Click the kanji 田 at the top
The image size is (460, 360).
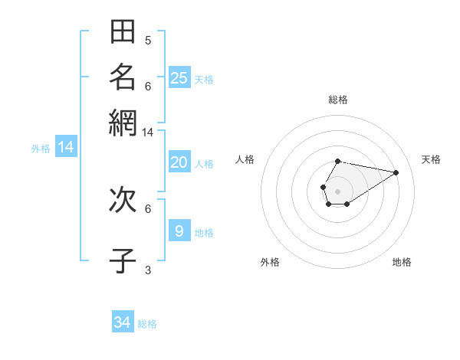[123, 32]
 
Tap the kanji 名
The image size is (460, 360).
[123, 77]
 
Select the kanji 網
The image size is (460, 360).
[123, 123]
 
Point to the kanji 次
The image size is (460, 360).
[123, 201]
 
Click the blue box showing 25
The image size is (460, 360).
[179, 77]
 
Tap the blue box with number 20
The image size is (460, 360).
[179, 162]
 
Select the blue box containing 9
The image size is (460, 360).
[179, 231]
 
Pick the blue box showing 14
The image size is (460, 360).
[66, 147]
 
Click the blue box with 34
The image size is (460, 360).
[123, 322]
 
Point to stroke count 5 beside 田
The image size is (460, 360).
[148, 40]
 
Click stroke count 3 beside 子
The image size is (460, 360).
[148, 270]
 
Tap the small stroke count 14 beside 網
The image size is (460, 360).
[147, 133]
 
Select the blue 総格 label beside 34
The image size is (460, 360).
[147, 324]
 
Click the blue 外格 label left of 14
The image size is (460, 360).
[41, 149]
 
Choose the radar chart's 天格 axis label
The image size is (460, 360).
[431, 159]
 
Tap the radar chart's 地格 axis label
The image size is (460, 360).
[402, 262]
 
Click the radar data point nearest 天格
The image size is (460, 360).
[396, 172]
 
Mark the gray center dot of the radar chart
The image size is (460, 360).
[337, 190]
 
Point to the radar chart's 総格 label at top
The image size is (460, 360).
[338, 100]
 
